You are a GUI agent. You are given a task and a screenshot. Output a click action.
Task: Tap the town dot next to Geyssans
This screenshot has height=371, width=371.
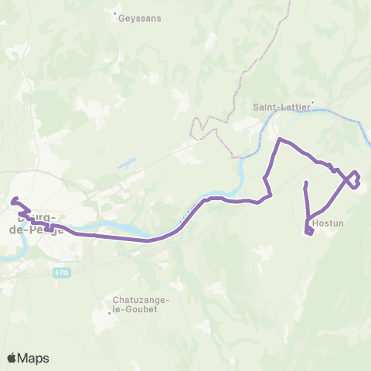[x=116, y=14]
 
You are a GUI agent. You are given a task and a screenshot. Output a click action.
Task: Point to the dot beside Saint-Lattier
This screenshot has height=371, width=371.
[x=312, y=102]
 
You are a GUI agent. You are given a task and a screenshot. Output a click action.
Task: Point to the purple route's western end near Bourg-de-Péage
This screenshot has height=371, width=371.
[x=13, y=201]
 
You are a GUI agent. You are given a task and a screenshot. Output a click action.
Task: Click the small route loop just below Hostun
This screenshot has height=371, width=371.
[x=309, y=231]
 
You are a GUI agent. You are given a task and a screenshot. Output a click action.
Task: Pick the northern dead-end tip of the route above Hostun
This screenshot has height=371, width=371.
[x=306, y=182]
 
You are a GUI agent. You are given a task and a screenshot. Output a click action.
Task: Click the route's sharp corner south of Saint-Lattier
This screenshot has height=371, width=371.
[x=280, y=139]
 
